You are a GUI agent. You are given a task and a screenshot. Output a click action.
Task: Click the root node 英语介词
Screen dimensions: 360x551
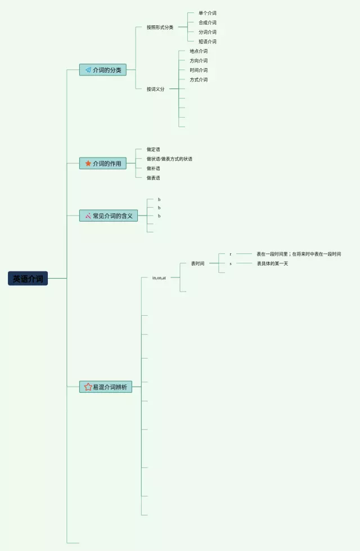click(x=28, y=279)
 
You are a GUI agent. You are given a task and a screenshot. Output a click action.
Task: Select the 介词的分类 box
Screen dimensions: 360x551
click(x=103, y=70)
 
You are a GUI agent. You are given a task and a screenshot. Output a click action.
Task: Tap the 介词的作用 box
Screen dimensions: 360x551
click(x=103, y=163)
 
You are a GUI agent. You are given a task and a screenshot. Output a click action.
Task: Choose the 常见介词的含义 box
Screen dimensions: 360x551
click(x=109, y=216)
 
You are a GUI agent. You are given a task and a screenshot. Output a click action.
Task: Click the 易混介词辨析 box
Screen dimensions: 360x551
click(x=106, y=387)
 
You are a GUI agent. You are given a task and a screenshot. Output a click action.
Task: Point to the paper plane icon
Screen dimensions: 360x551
click(x=88, y=70)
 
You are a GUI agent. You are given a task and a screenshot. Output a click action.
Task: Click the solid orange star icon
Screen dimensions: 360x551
click(x=88, y=163)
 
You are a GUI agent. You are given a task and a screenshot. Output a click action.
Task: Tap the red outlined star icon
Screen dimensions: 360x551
click(x=88, y=387)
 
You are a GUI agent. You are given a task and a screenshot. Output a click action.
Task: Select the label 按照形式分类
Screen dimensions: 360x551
click(x=160, y=27)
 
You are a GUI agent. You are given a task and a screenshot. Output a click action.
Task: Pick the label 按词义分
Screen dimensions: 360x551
click(x=156, y=89)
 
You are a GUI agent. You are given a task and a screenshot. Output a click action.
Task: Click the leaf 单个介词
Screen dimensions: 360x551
click(x=207, y=13)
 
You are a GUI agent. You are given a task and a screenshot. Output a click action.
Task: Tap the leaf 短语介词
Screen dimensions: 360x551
click(x=207, y=42)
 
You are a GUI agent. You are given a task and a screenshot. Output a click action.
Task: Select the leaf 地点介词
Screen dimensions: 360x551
click(x=198, y=51)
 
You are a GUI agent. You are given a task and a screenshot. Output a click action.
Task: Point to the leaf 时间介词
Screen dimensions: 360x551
click(x=198, y=70)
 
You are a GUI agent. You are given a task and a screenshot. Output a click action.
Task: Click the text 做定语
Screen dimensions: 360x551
click(x=153, y=149)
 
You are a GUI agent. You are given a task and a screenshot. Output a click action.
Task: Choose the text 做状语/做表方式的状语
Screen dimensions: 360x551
click(x=169, y=159)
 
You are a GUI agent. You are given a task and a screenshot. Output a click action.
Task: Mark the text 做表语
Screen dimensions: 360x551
click(x=153, y=178)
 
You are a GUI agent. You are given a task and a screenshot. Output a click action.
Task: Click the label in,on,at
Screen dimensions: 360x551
click(x=159, y=277)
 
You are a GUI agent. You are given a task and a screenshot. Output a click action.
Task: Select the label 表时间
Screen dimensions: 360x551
click(x=197, y=263)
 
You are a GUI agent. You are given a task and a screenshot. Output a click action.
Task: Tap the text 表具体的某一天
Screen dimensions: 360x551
click(x=272, y=263)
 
